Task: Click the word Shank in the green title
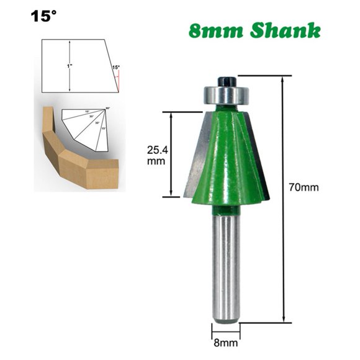(288, 31)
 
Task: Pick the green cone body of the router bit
(227, 155)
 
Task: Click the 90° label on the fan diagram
(107, 109)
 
